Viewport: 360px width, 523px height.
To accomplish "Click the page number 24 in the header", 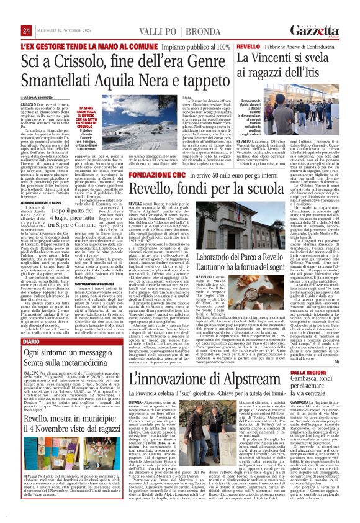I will click(x=26, y=31).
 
